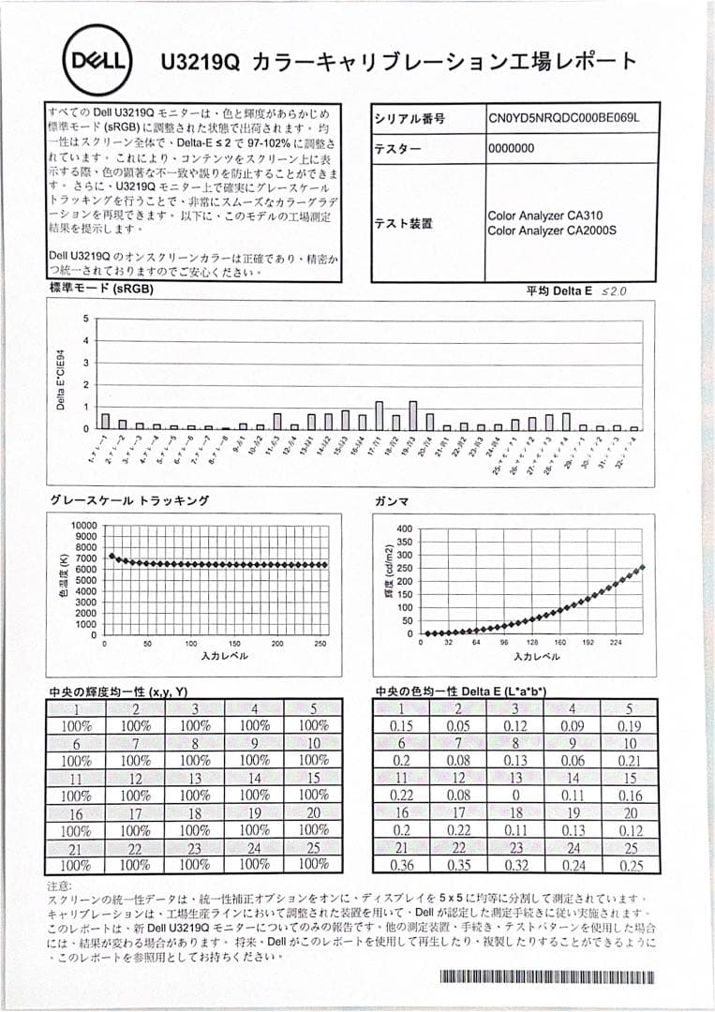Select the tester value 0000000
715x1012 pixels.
(x=511, y=148)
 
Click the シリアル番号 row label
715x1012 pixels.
(x=410, y=120)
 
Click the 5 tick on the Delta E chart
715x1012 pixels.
(x=85, y=319)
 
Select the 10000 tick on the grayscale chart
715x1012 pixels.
(x=84, y=526)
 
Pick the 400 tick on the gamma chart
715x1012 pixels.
(x=405, y=528)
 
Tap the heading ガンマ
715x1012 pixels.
(x=391, y=501)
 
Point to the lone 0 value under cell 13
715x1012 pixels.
(x=515, y=796)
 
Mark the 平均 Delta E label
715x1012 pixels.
(x=559, y=291)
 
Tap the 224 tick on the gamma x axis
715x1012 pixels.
(x=616, y=644)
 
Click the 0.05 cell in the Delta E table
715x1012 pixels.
(x=458, y=725)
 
